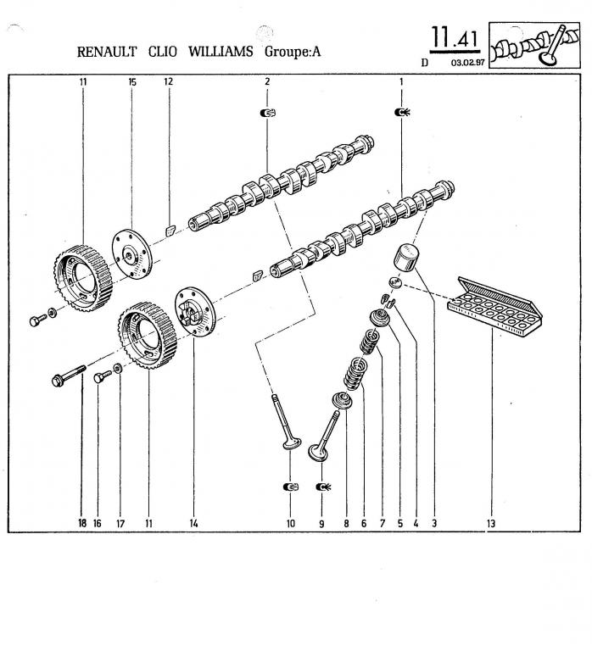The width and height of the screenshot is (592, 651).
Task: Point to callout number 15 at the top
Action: coord(132,81)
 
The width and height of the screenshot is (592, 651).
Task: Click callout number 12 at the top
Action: coord(168,81)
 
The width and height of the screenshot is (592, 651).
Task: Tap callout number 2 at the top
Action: coord(267,81)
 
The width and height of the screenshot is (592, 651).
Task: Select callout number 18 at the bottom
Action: coord(82,524)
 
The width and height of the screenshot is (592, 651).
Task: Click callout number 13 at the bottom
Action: coord(491,524)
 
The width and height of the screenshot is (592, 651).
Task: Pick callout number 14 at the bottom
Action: coord(193,524)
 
